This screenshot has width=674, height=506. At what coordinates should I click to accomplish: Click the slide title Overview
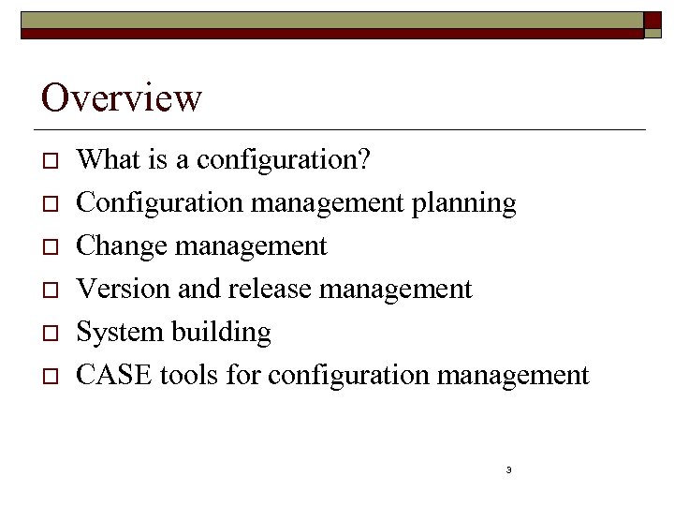(x=122, y=97)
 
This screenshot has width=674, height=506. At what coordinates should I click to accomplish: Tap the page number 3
(x=507, y=469)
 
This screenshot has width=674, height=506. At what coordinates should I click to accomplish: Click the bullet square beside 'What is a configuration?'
(x=51, y=161)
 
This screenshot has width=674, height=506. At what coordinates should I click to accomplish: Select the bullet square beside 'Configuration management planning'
(x=51, y=204)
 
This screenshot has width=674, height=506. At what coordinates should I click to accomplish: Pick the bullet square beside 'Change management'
(x=51, y=247)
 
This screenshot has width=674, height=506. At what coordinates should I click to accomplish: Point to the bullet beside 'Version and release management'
(x=51, y=290)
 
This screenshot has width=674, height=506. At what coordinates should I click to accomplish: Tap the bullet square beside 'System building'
(x=51, y=334)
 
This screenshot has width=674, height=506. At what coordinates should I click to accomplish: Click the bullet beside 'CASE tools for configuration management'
(x=51, y=377)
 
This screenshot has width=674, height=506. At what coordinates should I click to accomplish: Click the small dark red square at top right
(x=653, y=23)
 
